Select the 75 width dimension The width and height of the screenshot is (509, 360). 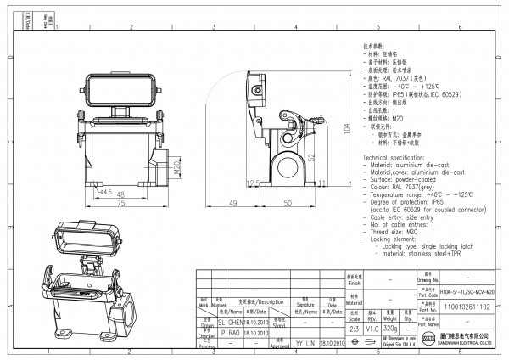pyautogui.click(x=121, y=205)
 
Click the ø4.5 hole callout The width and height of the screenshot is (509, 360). pyautogui.click(x=104, y=191)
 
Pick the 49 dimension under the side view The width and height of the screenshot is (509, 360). pyautogui.click(x=232, y=204)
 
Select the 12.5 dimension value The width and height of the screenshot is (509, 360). pyautogui.click(x=251, y=183)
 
